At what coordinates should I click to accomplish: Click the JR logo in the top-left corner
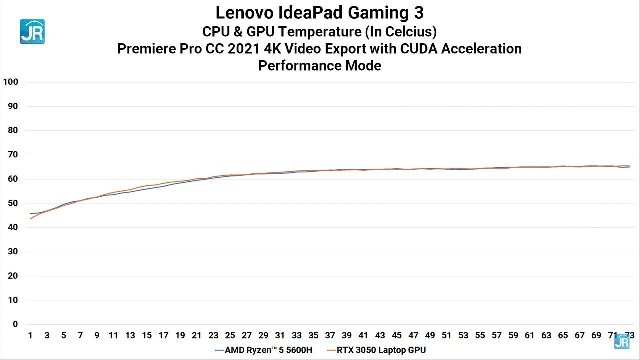32,32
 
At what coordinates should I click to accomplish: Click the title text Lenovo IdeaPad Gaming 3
319,12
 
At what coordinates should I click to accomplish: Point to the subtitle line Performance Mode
319,65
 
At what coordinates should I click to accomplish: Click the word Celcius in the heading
409,32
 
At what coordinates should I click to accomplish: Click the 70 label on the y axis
13,155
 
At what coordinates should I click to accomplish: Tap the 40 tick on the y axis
13,227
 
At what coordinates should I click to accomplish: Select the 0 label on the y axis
15,324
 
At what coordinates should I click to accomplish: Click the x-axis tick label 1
30,335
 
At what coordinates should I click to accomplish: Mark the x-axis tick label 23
213,335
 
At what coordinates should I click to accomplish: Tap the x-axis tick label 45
396,335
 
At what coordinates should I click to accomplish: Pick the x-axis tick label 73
629,335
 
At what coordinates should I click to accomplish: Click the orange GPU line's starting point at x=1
30,218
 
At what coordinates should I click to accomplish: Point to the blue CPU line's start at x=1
30,213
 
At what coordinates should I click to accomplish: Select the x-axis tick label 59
513,335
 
